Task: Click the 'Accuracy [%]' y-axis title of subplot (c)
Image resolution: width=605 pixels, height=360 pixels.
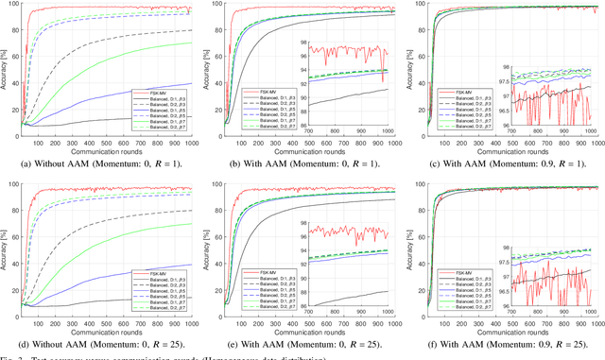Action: [413, 71]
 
